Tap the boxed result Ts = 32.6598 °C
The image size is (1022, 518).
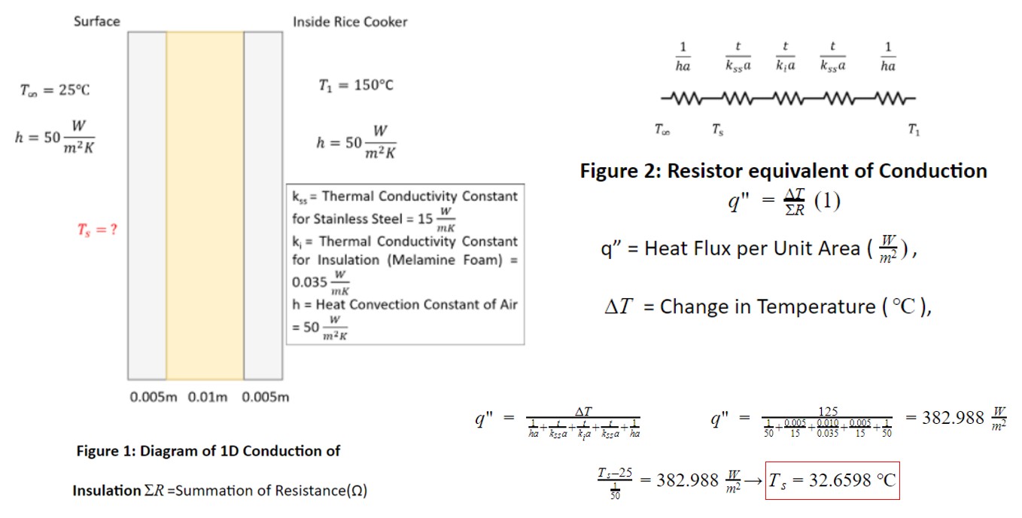tap(832, 480)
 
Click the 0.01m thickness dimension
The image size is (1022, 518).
tap(205, 398)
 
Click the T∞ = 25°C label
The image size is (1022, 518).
tap(54, 90)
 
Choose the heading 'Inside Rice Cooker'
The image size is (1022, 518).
tap(350, 22)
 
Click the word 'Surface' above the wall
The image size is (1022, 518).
tap(96, 21)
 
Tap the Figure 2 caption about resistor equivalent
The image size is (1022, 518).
tap(783, 171)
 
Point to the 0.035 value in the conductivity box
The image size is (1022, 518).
tap(309, 282)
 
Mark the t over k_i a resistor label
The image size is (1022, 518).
tap(786, 57)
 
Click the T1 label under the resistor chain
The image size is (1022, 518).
tap(913, 130)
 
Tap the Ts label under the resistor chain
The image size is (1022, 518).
tap(718, 130)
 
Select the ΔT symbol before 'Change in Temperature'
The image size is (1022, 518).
tap(620, 307)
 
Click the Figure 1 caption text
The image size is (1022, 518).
tap(208, 451)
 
